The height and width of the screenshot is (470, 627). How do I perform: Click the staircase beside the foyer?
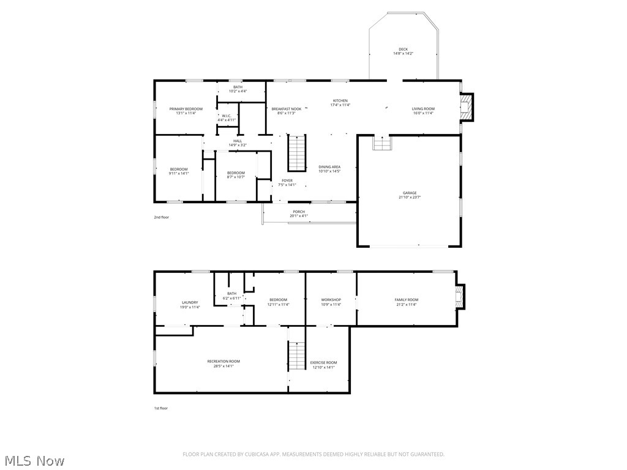[297, 154]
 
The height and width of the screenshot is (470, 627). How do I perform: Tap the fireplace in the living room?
[467, 108]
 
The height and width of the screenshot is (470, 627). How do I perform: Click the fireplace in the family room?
[459, 298]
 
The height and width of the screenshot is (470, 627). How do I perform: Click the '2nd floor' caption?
[161, 217]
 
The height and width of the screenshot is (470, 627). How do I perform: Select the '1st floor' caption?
[160, 408]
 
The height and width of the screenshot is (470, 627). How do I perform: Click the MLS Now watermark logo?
[34, 460]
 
